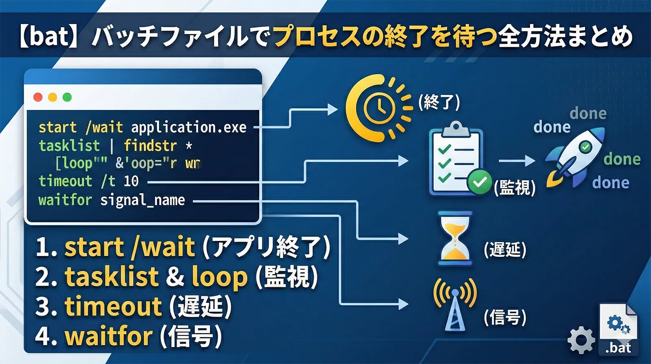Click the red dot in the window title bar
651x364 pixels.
point(38,97)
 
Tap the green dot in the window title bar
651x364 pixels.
point(67,97)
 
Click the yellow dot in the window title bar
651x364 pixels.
point(52,97)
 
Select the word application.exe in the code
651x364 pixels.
point(188,128)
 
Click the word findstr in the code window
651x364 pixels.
point(150,146)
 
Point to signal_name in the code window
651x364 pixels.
point(142,200)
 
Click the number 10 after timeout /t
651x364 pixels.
point(131,181)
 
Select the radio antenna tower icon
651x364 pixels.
point(455,304)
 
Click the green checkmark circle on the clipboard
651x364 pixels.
point(480,182)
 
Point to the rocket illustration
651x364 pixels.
point(575,156)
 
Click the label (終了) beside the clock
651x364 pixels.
point(439,102)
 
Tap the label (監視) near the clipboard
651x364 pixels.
point(515,188)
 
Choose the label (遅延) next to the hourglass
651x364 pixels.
point(505,249)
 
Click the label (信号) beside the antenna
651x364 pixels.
point(505,317)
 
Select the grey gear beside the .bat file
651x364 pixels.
point(581,340)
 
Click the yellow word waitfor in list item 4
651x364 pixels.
point(109,336)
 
